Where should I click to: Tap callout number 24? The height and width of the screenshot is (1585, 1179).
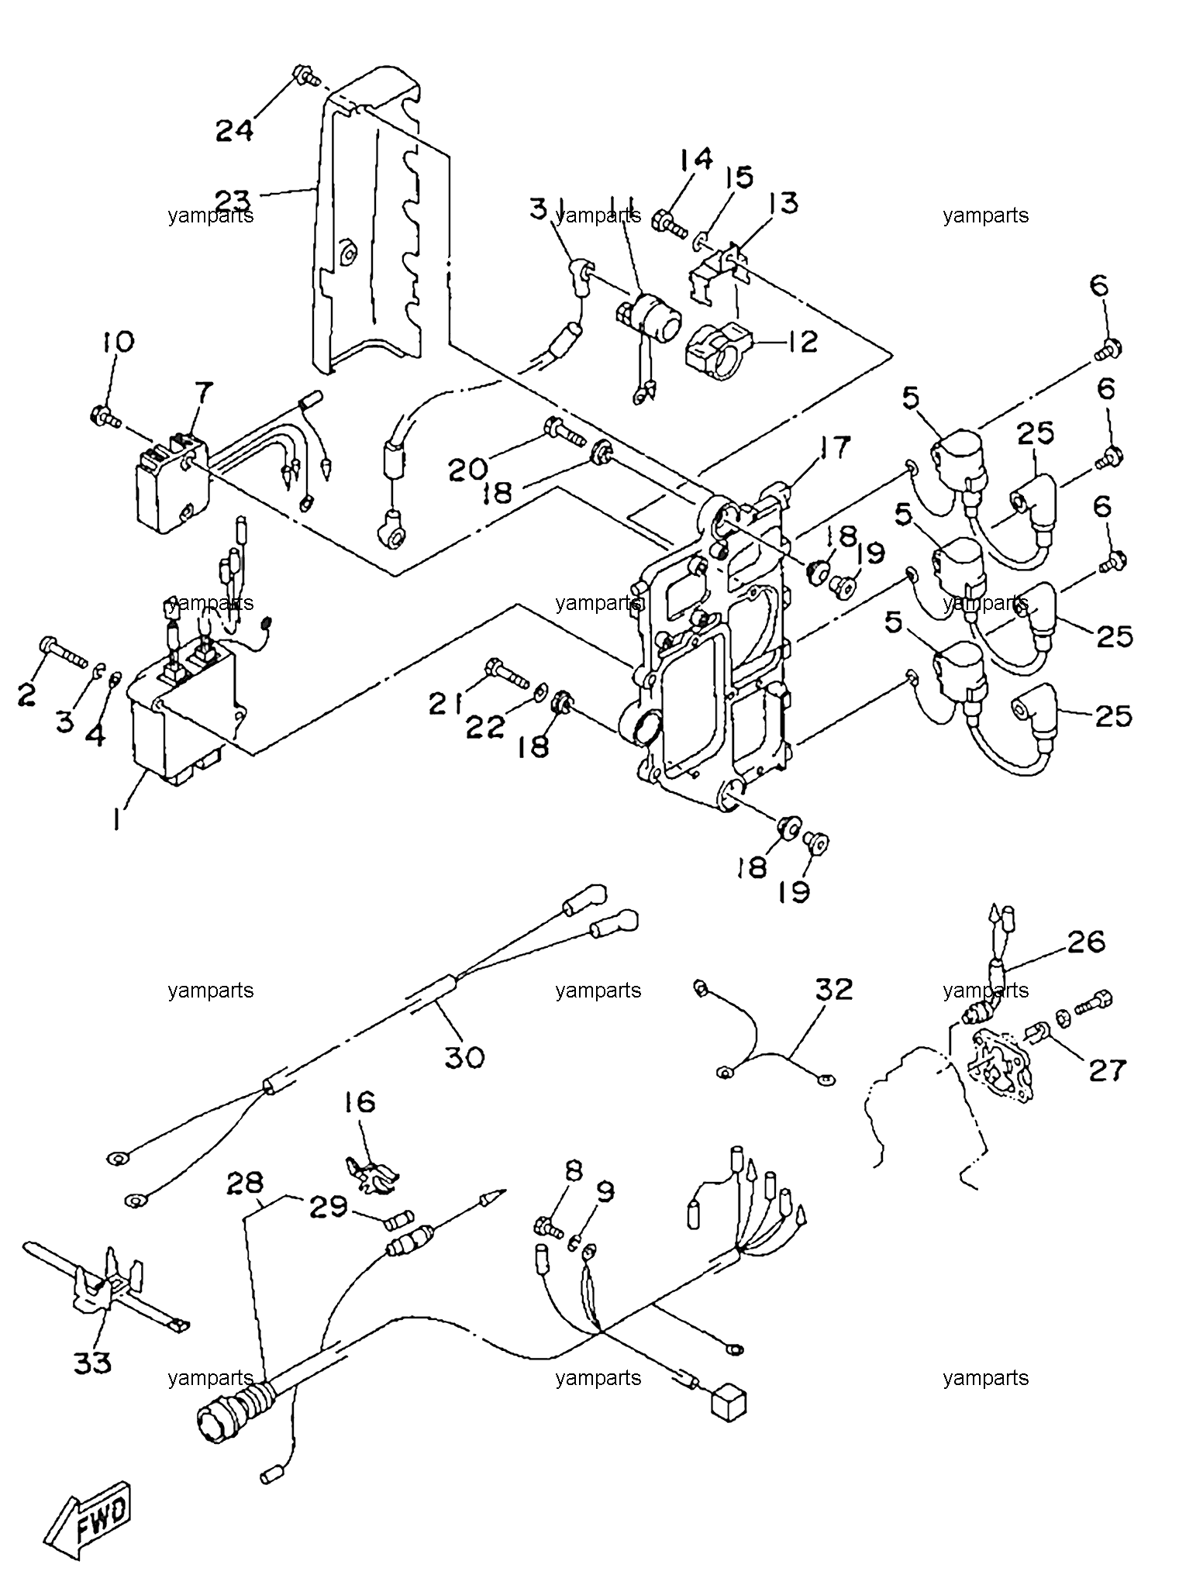click(x=233, y=129)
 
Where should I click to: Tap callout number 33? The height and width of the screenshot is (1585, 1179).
click(x=92, y=1363)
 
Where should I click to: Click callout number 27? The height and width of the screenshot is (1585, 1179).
click(x=1106, y=1070)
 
